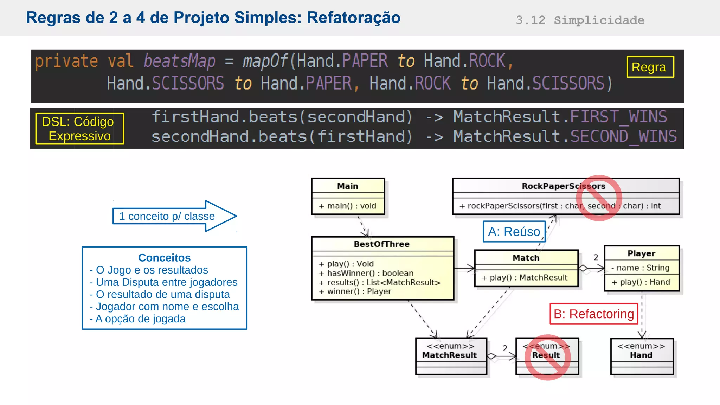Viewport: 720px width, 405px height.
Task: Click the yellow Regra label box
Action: [650, 67]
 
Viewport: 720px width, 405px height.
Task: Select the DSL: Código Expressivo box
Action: [79, 129]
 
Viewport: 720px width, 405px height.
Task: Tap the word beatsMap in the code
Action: [179, 61]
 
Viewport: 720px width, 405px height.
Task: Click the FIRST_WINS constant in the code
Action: [618, 117]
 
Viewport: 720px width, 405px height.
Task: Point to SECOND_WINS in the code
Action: [623, 136]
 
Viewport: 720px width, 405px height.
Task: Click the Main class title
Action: [347, 186]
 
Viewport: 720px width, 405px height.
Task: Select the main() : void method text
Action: [347, 206]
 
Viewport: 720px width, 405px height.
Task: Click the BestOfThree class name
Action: [381, 244]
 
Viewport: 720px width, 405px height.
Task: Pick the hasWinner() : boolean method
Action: [366, 273]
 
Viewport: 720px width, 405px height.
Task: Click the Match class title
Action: [526, 258]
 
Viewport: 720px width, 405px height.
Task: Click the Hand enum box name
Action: [641, 355]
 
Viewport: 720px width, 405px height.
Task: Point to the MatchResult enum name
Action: [449, 355]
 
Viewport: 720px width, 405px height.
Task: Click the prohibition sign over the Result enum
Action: [547, 357]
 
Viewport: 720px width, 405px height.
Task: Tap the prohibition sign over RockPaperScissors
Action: [599, 198]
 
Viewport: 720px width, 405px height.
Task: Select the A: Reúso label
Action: [514, 232]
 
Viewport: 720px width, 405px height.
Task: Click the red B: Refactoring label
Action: [593, 314]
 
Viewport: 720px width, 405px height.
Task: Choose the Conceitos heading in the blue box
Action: [164, 258]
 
